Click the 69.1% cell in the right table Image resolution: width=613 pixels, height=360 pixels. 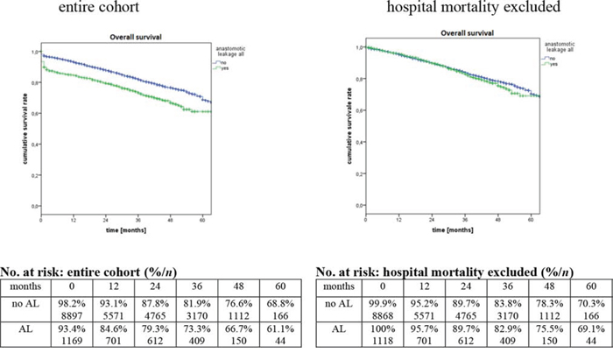point(588,334)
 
